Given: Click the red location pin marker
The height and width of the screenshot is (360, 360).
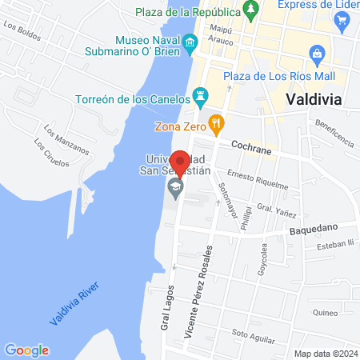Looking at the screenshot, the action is click(x=182, y=164).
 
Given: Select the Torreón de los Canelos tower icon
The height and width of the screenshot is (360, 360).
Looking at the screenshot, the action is click(x=200, y=98).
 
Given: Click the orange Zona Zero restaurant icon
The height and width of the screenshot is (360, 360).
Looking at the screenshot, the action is click(x=215, y=122).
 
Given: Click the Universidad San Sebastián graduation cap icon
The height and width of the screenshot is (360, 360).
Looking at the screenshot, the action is click(x=175, y=189).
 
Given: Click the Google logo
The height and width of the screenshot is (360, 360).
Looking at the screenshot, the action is click(x=26, y=350).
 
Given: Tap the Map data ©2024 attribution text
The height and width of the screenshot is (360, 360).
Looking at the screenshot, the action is click(x=326, y=354).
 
